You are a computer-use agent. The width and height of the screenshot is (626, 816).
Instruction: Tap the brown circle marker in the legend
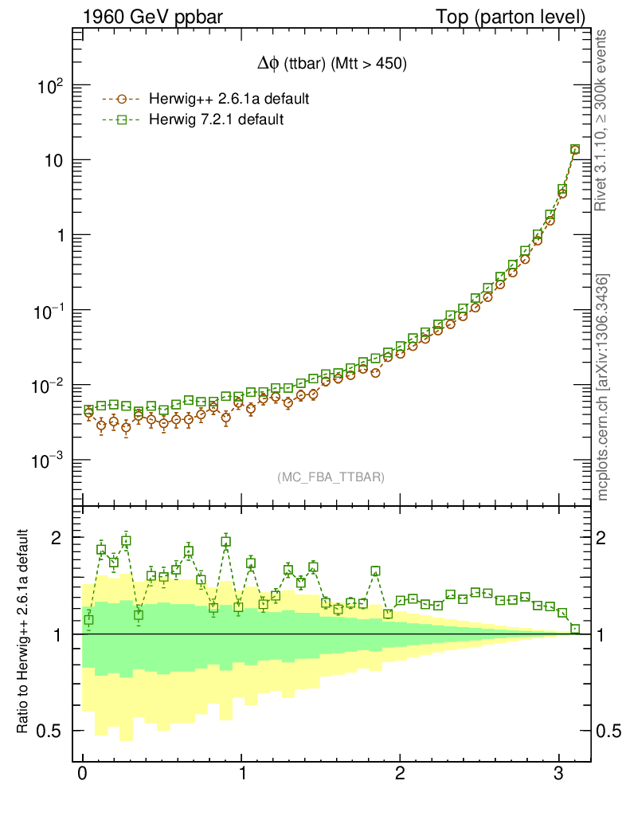pyautogui.click(x=121, y=100)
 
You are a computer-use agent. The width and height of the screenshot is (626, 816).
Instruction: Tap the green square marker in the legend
pyautogui.click(x=121, y=120)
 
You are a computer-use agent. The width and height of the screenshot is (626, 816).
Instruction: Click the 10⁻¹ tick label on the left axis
pyautogui.click(x=49, y=310)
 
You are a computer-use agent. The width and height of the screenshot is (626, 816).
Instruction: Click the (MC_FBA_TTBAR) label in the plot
pyautogui.click(x=331, y=477)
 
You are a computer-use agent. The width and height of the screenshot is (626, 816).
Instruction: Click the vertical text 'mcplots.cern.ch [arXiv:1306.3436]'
pyautogui.click(x=604, y=387)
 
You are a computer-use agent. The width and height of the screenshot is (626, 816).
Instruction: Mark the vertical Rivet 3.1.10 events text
pyautogui.click(x=602, y=121)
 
